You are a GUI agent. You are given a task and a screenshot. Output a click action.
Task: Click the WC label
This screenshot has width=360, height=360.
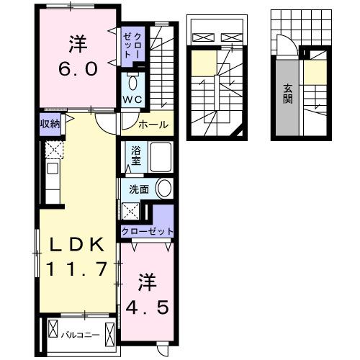click(x=131, y=99)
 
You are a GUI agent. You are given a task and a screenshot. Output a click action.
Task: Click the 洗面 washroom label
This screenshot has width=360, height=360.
click(x=139, y=189)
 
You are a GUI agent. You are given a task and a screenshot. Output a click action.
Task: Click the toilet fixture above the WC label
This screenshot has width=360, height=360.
click(x=132, y=81)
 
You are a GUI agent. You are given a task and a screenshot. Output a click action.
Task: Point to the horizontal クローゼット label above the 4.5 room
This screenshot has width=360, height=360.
click(x=147, y=232)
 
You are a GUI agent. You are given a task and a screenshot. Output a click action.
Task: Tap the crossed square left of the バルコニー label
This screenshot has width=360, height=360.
click(x=53, y=334)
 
